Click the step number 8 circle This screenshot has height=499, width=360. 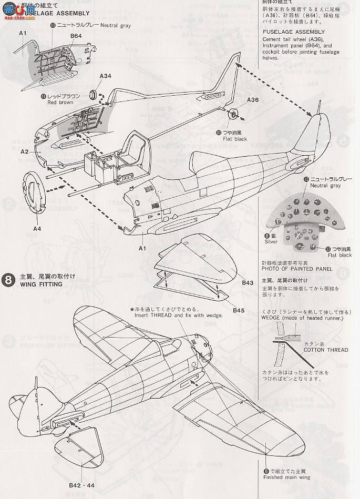8,279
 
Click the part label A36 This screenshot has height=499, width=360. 253,99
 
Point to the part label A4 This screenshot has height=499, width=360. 37,229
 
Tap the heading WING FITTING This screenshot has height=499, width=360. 42,284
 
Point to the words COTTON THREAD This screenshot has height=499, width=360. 326,350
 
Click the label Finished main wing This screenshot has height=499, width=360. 285,479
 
